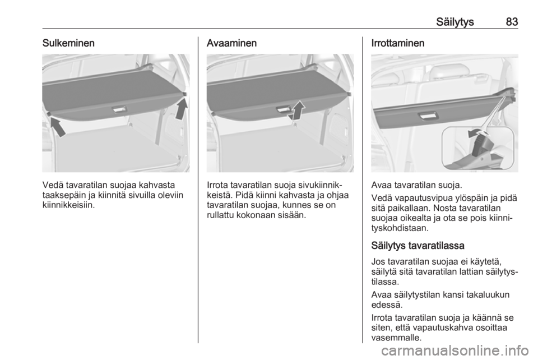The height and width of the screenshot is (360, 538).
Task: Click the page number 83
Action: point(512,22)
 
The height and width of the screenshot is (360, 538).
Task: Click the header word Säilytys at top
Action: point(455,22)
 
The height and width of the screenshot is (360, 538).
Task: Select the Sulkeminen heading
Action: point(68,43)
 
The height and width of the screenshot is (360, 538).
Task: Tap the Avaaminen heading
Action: point(231,43)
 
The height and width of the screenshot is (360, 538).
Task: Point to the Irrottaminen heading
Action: point(398,43)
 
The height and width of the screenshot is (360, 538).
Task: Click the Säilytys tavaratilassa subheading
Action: point(418,246)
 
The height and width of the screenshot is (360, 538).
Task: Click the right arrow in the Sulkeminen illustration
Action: point(181,108)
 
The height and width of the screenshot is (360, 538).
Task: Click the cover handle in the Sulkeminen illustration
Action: point(119,110)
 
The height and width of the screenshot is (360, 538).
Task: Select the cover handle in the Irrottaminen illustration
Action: point(426,116)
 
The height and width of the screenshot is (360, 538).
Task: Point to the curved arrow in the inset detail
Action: point(476,133)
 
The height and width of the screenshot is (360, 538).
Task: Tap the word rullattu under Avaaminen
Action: point(221,215)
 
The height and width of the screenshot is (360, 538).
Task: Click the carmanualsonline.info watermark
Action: point(454,351)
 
